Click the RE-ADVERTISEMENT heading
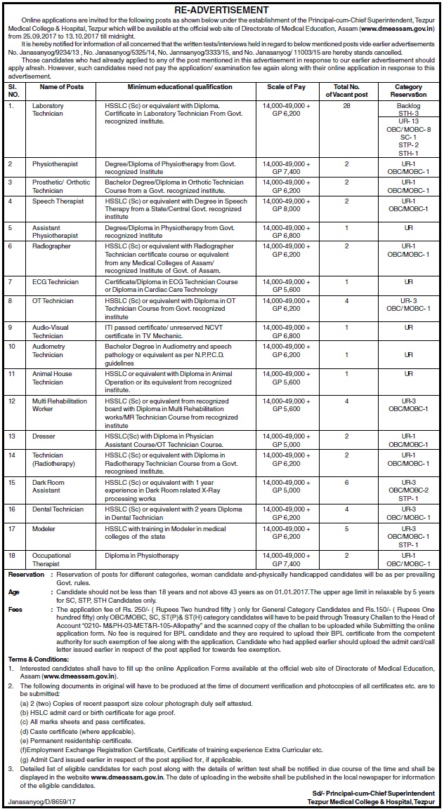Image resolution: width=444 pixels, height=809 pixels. click(221, 10)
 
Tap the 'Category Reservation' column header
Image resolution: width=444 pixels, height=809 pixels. click(408, 91)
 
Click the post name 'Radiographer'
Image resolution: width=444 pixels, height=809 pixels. click(50, 246)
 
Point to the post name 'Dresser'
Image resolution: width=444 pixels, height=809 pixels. click(44, 436)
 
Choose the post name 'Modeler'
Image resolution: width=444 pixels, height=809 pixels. click(44, 528)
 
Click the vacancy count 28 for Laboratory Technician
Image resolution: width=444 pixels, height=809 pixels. click(346, 105)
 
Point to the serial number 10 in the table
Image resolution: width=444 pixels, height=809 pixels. click(12, 346)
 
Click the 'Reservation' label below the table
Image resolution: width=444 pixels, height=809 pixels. click(26, 575)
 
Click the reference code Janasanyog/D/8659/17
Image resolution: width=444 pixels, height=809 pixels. click(43, 800)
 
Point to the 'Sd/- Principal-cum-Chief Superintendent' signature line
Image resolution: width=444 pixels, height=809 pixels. click(376, 792)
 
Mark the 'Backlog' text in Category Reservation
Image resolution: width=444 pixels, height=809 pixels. click(408, 105)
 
